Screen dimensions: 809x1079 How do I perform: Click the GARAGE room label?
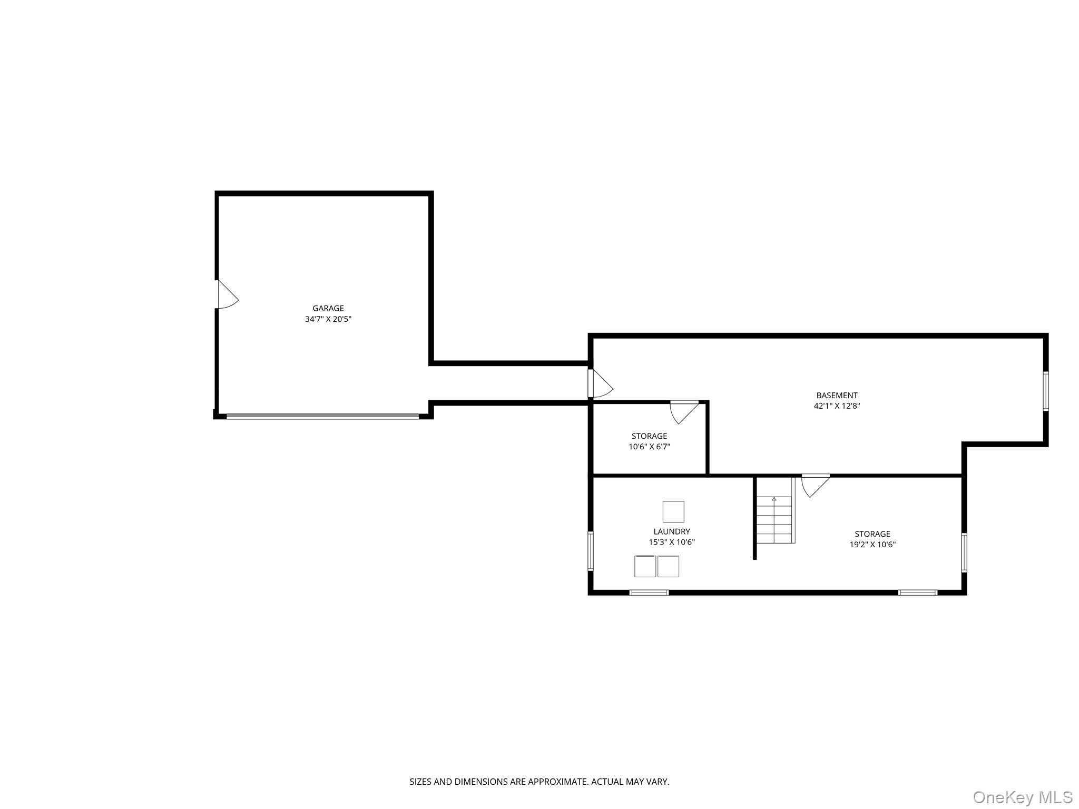(328, 308)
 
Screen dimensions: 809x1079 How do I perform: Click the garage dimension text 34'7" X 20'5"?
(328, 319)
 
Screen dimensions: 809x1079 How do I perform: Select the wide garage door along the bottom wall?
(322, 416)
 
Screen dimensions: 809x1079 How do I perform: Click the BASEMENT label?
(837, 395)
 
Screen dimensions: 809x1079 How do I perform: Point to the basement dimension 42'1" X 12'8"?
(837, 406)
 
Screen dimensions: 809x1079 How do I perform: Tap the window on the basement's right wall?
(1045, 391)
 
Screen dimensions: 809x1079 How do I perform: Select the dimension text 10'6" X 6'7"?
(649, 447)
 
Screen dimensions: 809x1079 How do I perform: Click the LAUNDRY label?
(671, 531)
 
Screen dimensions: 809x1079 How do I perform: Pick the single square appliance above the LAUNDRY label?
(673, 511)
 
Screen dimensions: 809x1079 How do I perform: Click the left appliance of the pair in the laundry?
(645, 566)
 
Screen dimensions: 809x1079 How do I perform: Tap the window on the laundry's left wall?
(591, 551)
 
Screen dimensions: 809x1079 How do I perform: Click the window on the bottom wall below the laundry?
(649, 593)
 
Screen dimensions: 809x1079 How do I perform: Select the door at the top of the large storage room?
(815, 485)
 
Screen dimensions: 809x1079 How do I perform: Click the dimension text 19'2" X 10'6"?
(872, 545)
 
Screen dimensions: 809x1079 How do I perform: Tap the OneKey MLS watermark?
(1022, 797)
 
